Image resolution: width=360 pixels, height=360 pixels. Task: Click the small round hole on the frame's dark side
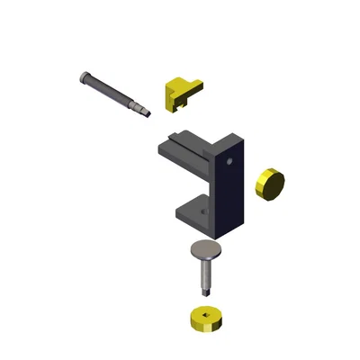tap(230, 162)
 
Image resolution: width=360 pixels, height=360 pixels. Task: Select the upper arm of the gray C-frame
tap(184, 148)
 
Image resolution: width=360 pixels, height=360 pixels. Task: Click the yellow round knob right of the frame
tap(271, 183)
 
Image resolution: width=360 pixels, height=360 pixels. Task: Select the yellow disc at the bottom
tap(207, 319)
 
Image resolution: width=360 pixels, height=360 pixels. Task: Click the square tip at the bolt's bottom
tap(207, 291)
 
